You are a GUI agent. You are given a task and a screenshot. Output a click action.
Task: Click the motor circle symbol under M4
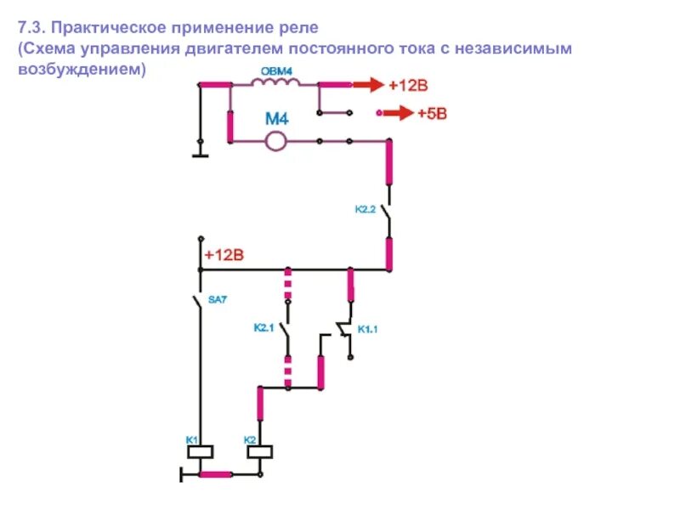click(275, 141)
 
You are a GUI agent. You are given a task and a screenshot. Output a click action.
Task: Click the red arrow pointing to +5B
click(395, 113)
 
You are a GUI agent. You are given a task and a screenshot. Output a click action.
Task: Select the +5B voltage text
click(432, 114)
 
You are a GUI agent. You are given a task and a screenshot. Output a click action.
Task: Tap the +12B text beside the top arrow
click(410, 86)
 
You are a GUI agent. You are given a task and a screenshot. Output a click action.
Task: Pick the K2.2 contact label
click(365, 209)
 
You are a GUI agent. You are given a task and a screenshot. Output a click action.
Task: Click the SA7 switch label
click(218, 299)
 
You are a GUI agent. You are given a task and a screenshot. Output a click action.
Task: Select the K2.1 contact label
click(264, 327)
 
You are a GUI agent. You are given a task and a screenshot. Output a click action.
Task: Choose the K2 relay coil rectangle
click(259, 451)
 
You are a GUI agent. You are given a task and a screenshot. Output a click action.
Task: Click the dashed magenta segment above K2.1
click(287, 283)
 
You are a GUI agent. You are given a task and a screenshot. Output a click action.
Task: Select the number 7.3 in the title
click(31, 28)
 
